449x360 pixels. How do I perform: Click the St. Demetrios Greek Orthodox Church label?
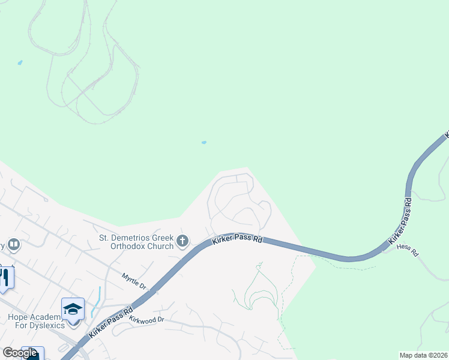[137, 241]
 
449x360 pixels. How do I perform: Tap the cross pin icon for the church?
[182, 242]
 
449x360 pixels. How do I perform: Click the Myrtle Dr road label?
[134, 280]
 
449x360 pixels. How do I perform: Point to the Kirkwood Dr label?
[146, 320]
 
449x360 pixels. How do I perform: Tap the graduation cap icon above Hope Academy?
[73, 309]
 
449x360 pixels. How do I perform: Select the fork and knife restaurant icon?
[4, 277]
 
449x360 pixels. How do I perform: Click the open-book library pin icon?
[13, 245]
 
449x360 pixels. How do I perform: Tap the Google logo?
[20, 353]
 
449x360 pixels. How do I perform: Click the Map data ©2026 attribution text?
[423, 355]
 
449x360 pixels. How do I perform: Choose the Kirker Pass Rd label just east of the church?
[238, 239]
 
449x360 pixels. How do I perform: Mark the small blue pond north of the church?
[204, 143]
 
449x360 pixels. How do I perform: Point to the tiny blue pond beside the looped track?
[20, 62]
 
